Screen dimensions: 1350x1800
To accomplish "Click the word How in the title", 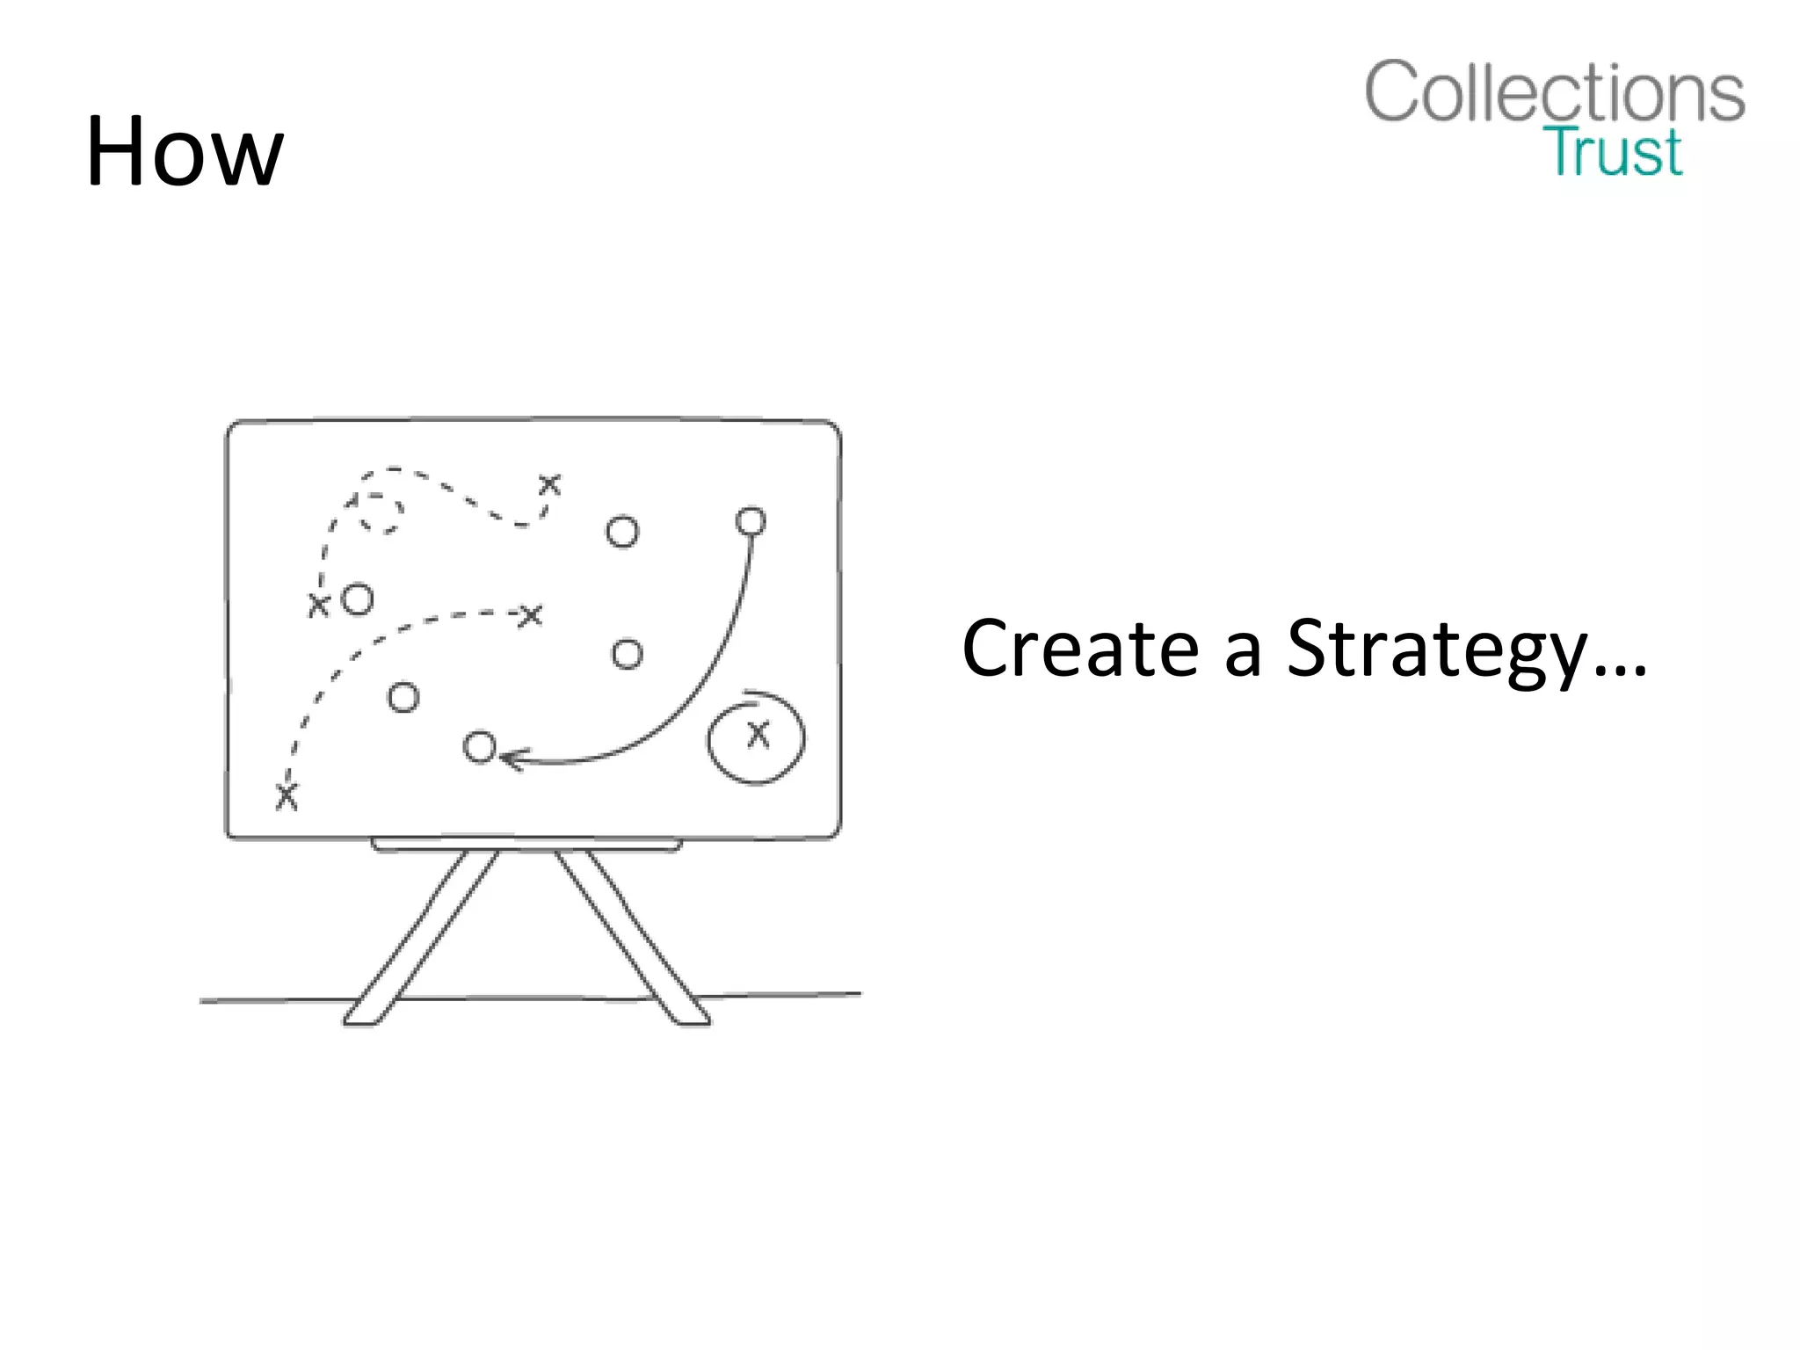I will (185, 151).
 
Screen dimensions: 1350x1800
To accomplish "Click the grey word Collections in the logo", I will (1554, 92).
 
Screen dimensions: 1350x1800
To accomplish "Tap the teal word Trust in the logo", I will (1615, 152).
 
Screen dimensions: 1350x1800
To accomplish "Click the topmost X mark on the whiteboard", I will (549, 484).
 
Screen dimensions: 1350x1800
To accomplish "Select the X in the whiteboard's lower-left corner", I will (287, 796).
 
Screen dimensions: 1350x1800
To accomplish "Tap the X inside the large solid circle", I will (758, 734).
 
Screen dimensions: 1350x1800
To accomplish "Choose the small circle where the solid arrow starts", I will (751, 522).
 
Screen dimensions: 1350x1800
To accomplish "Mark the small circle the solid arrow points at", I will (480, 747).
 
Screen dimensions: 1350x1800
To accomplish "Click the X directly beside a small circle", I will (318, 605).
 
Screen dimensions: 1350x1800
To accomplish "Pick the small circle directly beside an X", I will (358, 599).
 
